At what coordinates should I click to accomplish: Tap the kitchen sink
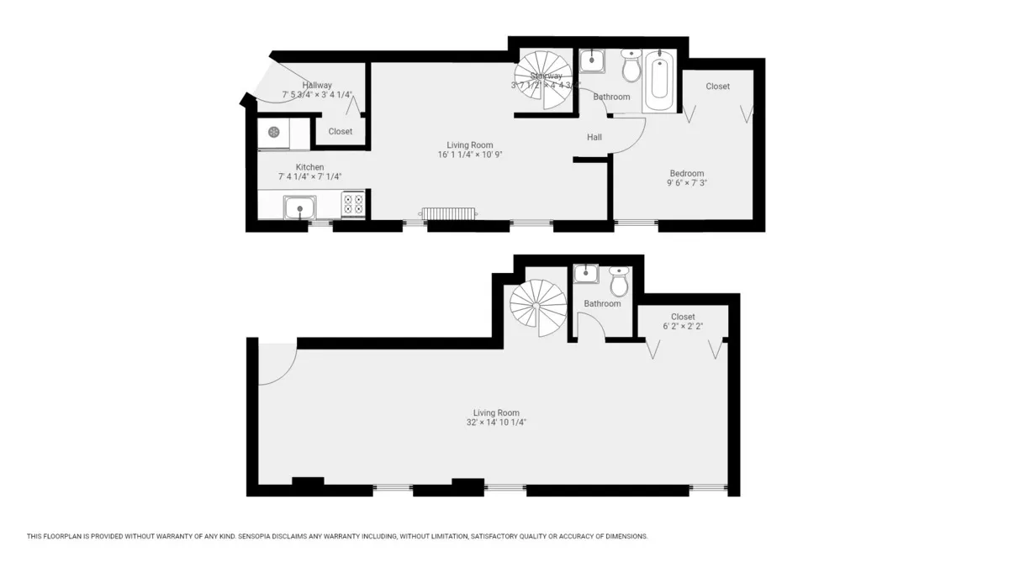click(298, 207)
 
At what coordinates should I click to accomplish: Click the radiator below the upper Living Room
click(449, 213)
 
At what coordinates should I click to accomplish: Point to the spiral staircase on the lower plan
click(539, 303)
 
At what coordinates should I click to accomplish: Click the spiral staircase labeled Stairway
click(542, 80)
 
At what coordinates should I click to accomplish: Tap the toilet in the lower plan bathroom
click(619, 284)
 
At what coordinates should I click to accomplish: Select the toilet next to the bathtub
click(630, 66)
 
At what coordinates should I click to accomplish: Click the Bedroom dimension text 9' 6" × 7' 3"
click(687, 182)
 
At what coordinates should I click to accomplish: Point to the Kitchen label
click(309, 167)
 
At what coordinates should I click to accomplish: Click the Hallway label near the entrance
click(317, 85)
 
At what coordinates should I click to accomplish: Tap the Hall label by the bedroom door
click(594, 138)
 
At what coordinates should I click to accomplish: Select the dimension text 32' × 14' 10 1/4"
click(496, 423)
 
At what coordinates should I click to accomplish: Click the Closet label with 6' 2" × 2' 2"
click(683, 317)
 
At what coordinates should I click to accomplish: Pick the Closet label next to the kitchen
click(341, 131)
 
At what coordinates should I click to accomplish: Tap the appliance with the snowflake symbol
click(273, 132)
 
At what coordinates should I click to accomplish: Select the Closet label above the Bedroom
click(717, 87)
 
